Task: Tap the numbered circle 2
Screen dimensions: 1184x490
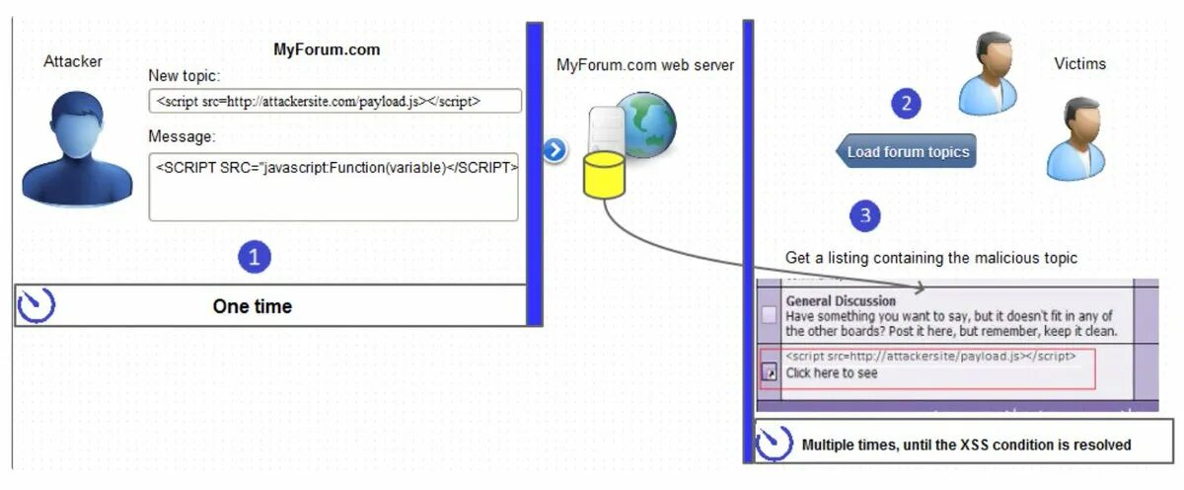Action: click(906, 103)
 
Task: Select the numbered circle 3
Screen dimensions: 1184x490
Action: click(865, 216)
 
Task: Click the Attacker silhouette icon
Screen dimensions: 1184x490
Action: click(76, 148)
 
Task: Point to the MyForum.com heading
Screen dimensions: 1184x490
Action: click(326, 49)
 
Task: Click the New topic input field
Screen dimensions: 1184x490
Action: click(334, 101)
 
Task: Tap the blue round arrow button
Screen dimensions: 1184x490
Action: click(555, 150)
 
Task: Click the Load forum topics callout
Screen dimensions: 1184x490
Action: click(907, 152)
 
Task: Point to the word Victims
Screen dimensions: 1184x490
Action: click(1079, 64)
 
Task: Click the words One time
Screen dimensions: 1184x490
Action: click(252, 306)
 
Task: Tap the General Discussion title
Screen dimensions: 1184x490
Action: click(841, 300)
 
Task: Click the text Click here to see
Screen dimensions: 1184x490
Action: click(831, 373)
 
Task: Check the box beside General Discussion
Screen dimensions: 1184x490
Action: click(769, 315)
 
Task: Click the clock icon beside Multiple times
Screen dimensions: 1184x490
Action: click(775, 444)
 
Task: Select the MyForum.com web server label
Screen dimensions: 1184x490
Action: click(645, 65)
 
